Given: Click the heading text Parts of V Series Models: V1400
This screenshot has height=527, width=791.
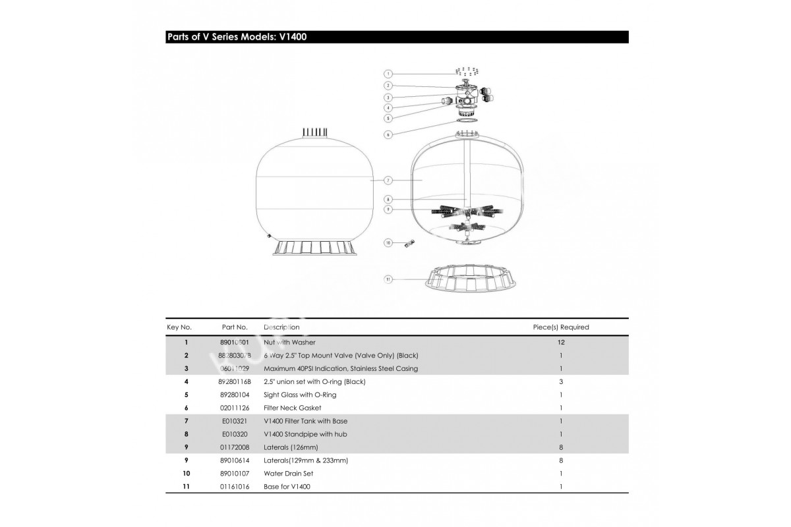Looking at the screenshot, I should pyautogui.click(x=237, y=37).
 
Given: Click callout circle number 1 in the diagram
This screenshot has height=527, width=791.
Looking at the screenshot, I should pyautogui.click(x=388, y=74).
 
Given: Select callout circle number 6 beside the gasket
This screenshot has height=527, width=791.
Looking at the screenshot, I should pyautogui.click(x=388, y=134).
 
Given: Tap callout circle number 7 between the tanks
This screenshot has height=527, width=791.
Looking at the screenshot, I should pyautogui.click(x=388, y=180).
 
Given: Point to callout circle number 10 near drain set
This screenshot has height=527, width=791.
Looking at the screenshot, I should pyautogui.click(x=388, y=243).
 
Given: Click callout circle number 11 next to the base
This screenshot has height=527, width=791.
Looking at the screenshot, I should pyautogui.click(x=388, y=279).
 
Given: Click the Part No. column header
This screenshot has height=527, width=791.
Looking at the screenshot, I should pyautogui.click(x=235, y=327).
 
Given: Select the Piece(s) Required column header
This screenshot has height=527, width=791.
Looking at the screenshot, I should pyautogui.click(x=561, y=327).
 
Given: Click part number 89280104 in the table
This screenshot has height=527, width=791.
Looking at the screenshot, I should pyautogui.click(x=235, y=395).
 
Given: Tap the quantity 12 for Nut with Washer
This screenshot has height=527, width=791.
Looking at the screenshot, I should pyautogui.click(x=561, y=343).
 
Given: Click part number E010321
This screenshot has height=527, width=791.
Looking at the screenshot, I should pyautogui.click(x=235, y=422).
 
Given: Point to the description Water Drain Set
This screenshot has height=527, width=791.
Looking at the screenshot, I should pyautogui.click(x=288, y=474).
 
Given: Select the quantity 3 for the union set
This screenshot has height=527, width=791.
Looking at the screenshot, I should pyautogui.click(x=561, y=382).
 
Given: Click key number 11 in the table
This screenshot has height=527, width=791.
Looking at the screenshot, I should pyautogui.click(x=187, y=487).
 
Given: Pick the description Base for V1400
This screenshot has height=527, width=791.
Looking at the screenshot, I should pyautogui.click(x=287, y=487).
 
